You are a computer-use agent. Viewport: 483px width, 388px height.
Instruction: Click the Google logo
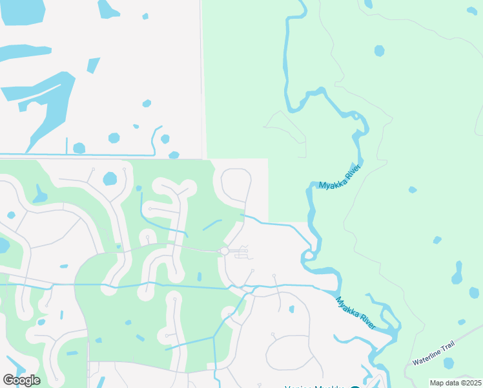pos(21,380)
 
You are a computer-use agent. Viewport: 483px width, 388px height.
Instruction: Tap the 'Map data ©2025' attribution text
pos(455,383)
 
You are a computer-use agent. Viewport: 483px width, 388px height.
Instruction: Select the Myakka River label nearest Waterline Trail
pos(355,313)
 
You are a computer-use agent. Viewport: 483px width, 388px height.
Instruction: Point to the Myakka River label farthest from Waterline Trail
pos(339,177)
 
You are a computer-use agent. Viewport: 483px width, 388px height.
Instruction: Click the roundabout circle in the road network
pos(224,251)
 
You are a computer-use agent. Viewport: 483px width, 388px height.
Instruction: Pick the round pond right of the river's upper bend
pos(379,50)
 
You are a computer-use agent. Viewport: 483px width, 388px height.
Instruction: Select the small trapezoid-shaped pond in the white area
pos(94,65)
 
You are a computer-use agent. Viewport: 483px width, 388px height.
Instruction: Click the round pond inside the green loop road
pos(110,178)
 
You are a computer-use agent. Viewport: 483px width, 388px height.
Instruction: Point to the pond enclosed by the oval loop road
pos(291,309)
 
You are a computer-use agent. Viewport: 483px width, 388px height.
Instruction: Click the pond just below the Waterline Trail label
pos(448,363)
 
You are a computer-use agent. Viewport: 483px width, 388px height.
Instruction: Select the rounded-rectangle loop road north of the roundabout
pos(236,185)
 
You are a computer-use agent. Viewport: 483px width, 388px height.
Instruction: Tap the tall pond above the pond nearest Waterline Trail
pos(458,274)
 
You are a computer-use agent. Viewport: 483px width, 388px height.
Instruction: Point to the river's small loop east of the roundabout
pos(310,254)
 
